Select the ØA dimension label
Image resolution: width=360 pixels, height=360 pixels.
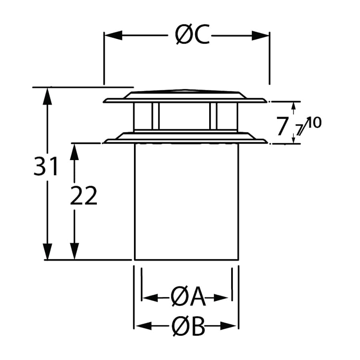pyautogui.click(x=188, y=298)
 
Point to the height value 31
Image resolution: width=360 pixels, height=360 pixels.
pyautogui.click(x=46, y=167)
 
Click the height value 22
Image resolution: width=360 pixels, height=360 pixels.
pyautogui.click(x=84, y=196)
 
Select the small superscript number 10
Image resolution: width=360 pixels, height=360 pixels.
pyautogui.click(x=314, y=122)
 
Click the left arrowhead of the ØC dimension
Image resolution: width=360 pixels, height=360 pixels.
pyautogui.click(x=112, y=35)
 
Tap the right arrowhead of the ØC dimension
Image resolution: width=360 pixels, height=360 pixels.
pyautogui.click(x=261, y=35)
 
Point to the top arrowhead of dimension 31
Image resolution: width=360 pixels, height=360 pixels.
pyautogui.click(x=48, y=96)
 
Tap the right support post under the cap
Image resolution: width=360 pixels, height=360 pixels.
pyautogui.click(x=213, y=116)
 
